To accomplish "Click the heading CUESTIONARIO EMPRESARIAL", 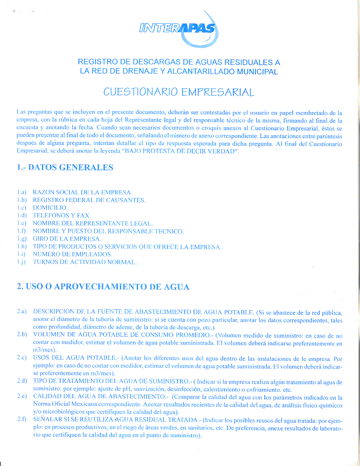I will tap(179, 92).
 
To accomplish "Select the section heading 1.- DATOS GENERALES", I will tap(65, 167).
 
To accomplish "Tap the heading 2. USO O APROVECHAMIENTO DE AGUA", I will tap(103, 287).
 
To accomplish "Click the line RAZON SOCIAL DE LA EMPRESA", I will tap(83, 192).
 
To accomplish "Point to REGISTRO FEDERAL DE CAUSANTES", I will tap(89, 200).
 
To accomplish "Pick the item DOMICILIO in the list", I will tap(50, 208).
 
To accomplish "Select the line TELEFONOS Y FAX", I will tap(61, 216).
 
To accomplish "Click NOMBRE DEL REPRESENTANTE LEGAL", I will tap(93, 223).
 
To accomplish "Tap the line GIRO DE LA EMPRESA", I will tap(66, 239).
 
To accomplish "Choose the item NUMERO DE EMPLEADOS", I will tap(72, 254).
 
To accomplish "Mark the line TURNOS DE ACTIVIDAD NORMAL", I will tap(85, 262).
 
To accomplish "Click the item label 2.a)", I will tap(22, 311).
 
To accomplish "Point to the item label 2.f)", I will tap(22, 420).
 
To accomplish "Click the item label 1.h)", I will tap(22, 247).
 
